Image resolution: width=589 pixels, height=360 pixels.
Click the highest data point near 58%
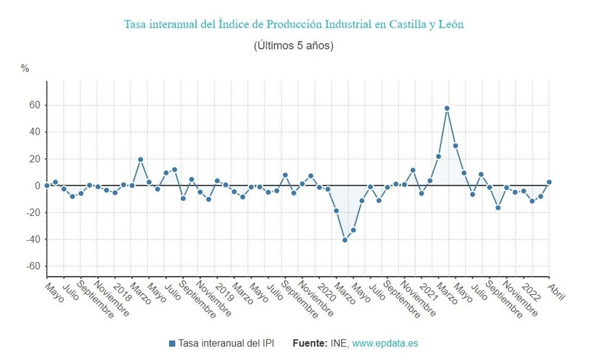point(447,108)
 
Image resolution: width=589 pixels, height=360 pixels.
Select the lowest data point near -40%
point(345,240)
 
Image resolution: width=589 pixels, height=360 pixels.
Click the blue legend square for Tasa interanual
point(172,343)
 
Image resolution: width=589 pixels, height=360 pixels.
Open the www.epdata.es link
point(385,343)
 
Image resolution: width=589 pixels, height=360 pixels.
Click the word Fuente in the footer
point(310,343)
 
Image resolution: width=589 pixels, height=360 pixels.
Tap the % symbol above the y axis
point(25,69)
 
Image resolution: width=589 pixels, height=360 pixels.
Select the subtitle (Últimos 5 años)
point(294,46)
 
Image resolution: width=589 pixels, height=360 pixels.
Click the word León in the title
point(450,24)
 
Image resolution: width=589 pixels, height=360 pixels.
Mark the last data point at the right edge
point(549,182)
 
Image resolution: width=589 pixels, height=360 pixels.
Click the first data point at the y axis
point(47,185)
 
